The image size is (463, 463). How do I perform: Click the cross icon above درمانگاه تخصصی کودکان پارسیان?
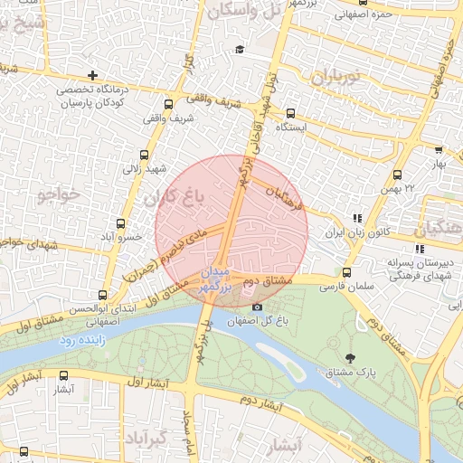click(93, 75)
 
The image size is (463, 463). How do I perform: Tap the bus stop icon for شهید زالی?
click(145, 155)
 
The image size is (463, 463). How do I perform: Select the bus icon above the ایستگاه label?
click(290, 114)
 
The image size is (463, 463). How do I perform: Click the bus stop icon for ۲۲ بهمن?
click(397, 175)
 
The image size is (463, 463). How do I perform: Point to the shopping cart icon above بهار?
click(439, 150)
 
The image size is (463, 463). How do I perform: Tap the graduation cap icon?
click(239, 49)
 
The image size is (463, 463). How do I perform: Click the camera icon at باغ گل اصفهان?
click(258, 307)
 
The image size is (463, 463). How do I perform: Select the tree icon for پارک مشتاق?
click(352, 359)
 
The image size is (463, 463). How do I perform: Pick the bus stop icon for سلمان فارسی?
click(346, 272)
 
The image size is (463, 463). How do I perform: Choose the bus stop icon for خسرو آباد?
click(121, 222)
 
